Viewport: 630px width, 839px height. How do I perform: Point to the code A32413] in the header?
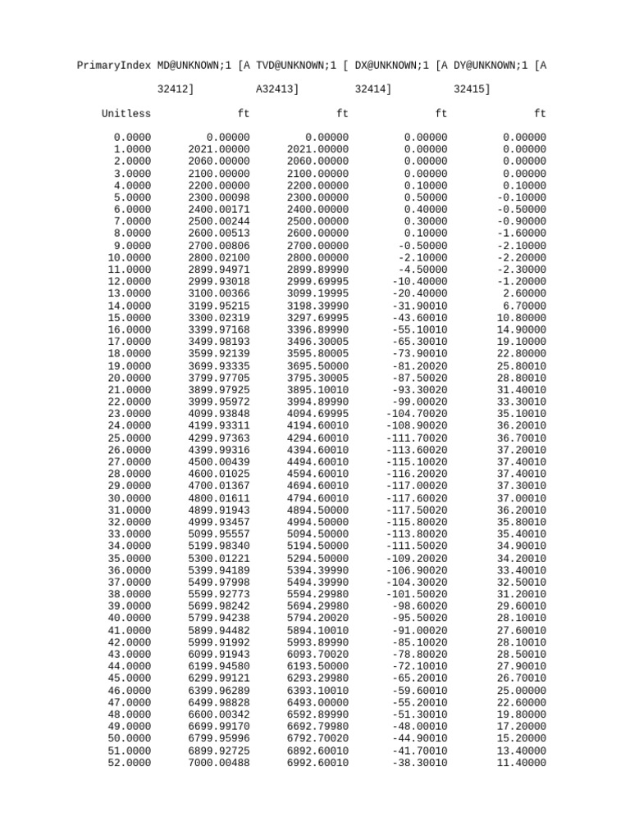[x=277, y=88]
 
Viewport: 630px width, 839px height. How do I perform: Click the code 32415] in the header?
[x=472, y=88]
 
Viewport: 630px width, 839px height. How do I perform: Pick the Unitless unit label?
[x=126, y=113]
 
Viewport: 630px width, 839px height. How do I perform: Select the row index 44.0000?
[x=130, y=667]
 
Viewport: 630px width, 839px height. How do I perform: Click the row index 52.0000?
[x=130, y=763]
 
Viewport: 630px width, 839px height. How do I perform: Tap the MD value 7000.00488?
[x=218, y=763]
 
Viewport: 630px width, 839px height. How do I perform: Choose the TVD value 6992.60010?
[x=317, y=763]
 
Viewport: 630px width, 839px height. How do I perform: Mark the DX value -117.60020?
[x=416, y=498]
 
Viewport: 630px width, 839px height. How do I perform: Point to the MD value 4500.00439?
[x=218, y=462]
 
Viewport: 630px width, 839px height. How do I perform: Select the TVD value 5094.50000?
[x=317, y=534]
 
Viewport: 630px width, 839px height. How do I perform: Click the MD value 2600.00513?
[x=218, y=234]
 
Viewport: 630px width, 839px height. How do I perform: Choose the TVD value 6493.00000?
[x=317, y=703]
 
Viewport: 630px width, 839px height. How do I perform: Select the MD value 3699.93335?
[x=218, y=365]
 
